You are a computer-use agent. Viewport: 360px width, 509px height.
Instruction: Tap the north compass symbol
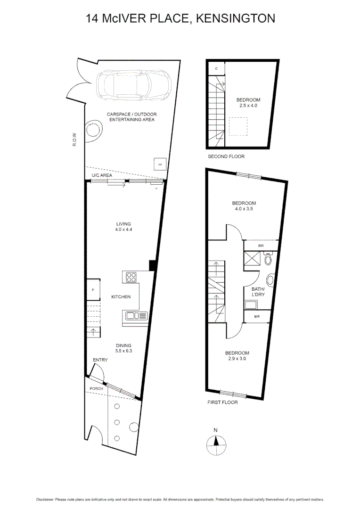(x=216, y=444)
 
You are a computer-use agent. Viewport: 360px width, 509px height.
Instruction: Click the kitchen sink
(x=136, y=316)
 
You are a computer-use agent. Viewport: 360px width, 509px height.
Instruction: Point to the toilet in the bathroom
(x=268, y=260)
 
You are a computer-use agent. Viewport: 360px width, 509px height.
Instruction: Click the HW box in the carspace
(x=160, y=164)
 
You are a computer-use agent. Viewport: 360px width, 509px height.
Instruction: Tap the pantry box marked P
(x=93, y=290)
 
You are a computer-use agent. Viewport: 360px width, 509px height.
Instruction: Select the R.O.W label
(x=74, y=139)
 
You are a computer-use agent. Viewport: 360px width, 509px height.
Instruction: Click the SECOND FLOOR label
(x=226, y=156)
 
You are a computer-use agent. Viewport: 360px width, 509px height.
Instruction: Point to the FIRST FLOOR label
(x=222, y=402)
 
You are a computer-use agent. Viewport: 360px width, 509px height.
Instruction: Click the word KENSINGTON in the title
(x=235, y=18)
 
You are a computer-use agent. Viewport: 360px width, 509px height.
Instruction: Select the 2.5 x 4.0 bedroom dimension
(x=248, y=106)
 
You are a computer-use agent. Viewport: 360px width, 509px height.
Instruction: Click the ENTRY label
(x=100, y=360)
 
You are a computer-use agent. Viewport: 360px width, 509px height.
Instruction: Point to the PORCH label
(x=97, y=389)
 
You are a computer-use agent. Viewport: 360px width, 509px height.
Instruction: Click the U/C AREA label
(x=101, y=175)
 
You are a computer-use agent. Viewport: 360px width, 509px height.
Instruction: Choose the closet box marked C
(x=216, y=69)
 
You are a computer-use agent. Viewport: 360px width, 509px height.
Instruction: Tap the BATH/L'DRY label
(x=258, y=292)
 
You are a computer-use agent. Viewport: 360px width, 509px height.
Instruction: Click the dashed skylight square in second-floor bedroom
(x=238, y=126)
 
